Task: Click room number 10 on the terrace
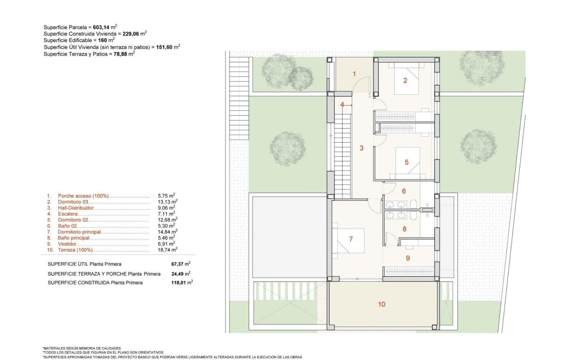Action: click(382, 305)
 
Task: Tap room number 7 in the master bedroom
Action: click(351, 239)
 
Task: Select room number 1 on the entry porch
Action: click(354, 74)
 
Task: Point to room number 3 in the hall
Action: click(361, 148)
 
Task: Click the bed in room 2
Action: click(406, 78)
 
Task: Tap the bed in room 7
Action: click(348, 240)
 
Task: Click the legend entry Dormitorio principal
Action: click(79, 232)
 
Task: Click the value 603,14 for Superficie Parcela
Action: click(101, 27)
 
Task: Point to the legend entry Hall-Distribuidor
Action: click(76, 208)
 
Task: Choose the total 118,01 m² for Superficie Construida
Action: click(182, 283)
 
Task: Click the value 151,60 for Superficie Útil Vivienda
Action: click(164, 47)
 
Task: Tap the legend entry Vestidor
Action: click(67, 244)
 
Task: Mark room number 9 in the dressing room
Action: click(408, 258)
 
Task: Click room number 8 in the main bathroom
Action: click(405, 229)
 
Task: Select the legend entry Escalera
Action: click(67, 214)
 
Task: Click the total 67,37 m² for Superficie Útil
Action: click(181, 264)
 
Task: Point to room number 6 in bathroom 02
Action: click(404, 191)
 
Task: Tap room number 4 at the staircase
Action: click(342, 105)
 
